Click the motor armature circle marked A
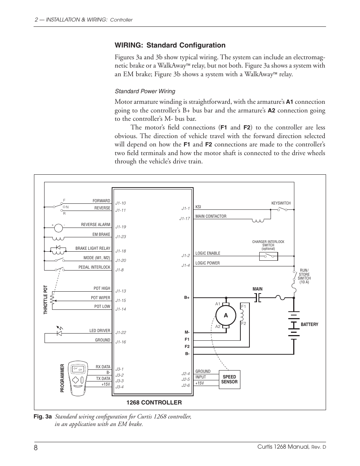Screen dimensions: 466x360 click(x=226, y=315)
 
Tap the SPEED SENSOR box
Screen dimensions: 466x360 click(x=229, y=379)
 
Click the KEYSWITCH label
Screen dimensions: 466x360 click(x=281, y=203)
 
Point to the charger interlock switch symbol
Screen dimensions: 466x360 click(x=269, y=256)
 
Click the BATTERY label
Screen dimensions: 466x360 click(x=309, y=325)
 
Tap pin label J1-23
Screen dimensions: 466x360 click(x=121, y=237)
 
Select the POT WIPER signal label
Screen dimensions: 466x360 click(x=100, y=298)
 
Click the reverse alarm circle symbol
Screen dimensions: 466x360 click(x=58, y=228)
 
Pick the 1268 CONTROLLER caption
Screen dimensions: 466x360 click(x=154, y=403)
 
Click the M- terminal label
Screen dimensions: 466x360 click(x=187, y=332)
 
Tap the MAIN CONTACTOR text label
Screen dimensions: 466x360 click(x=211, y=216)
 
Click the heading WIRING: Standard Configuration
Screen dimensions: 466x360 click(x=170, y=45)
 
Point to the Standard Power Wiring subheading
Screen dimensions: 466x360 click(x=145, y=91)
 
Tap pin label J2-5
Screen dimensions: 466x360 click(x=185, y=379)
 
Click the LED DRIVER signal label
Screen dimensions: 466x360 click(x=100, y=331)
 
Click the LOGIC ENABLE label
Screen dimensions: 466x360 click(x=208, y=253)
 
